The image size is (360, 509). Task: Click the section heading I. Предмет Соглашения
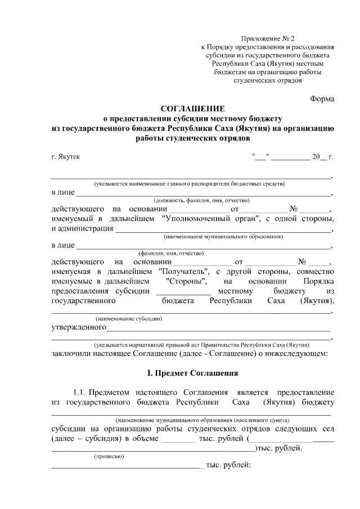(x=192, y=372)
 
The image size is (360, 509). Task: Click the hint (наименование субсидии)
(x=129, y=319)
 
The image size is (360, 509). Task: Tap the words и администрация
(x=82, y=228)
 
